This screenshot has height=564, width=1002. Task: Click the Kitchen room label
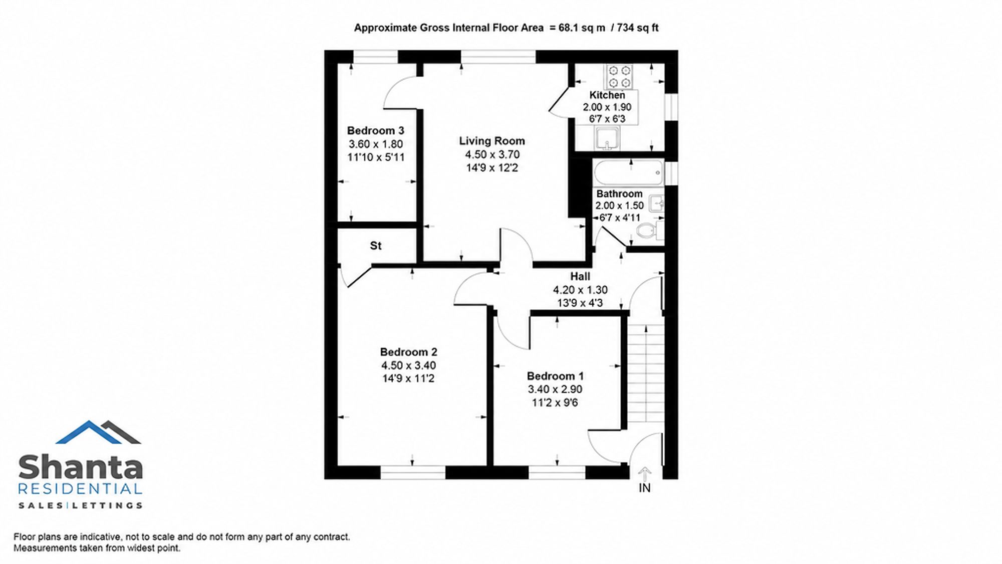pyautogui.click(x=607, y=95)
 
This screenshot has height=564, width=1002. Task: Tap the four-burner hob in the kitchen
pyautogui.click(x=619, y=77)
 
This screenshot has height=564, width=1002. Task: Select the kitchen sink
pyautogui.click(x=607, y=138)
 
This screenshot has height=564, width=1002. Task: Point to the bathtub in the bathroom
pyautogui.click(x=629, y=173)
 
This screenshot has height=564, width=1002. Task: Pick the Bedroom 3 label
pyautogui.click(x=376, y=131)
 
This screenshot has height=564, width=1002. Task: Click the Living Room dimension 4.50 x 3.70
pyautogui.click(x=492, y=154)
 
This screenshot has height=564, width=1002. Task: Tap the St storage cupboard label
pyautogui.click(x=376, y=246)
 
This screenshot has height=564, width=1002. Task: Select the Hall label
pyautogui.click(x=580, y=276)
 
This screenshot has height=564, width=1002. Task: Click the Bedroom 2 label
pyautogui.click(x=409, y=352)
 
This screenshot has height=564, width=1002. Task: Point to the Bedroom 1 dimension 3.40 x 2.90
pyautogui.click(x=555, y=389)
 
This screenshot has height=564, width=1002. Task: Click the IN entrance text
pyautogui.click(x=644, y=488)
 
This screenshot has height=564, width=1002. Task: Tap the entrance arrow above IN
pyautogui.click(x=645, y=474)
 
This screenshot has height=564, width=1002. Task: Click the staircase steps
pyautogui.click(x=646, y=373)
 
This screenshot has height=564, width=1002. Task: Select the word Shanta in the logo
pyautogui.click(x=81, y=467)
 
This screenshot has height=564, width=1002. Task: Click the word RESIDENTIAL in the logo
pyautogui.click(x=80, y=489)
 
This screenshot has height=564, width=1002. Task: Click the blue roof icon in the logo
pyautogui.click(x=89, y=432)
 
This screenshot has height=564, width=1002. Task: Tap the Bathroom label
pyautogui.click(x=619, y=194)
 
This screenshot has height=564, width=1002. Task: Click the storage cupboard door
pyautogui.click(x=360, y=277)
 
